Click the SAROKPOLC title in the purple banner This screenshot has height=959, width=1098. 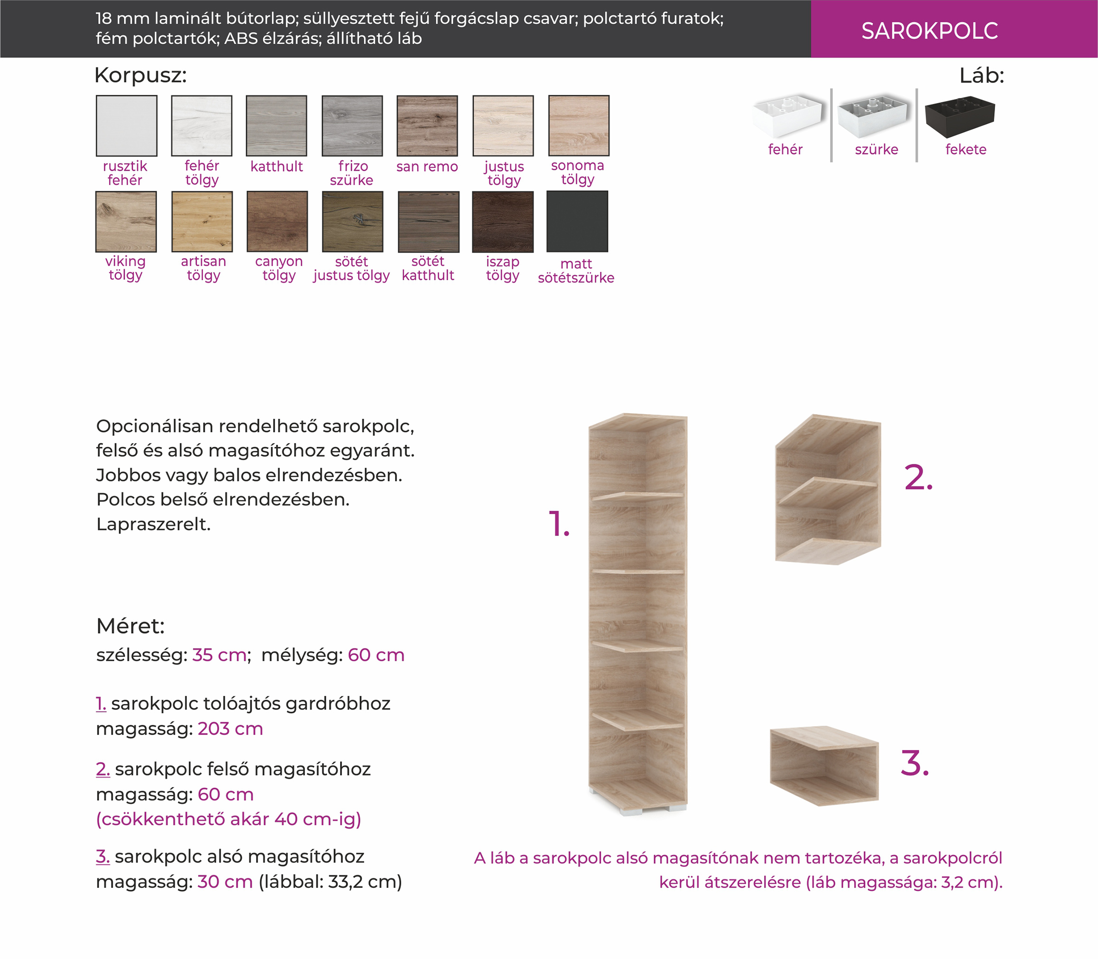tap(930, 31)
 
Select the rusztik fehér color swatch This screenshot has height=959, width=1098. tap(126, 126)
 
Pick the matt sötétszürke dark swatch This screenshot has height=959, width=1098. tap(577, 221)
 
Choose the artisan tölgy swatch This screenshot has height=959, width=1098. tap(202, 221)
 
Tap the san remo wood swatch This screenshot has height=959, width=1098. tap(427, 126)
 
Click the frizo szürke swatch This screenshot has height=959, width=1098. tap(352, 126)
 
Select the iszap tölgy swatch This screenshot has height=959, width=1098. tap(503, 221)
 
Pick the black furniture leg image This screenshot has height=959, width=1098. tap(960, 116)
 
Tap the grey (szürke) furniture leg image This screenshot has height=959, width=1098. tap(873, 116)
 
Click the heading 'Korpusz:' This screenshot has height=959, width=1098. tap(141, 75)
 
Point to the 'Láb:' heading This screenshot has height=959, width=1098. tap(982, 75)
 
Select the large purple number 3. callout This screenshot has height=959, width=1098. tap(915, 763)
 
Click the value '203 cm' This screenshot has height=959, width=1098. tap(230, 729)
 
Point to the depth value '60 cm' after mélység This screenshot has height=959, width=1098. tap(376, 655)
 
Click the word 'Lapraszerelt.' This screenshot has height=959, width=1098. tap(154, 525)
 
